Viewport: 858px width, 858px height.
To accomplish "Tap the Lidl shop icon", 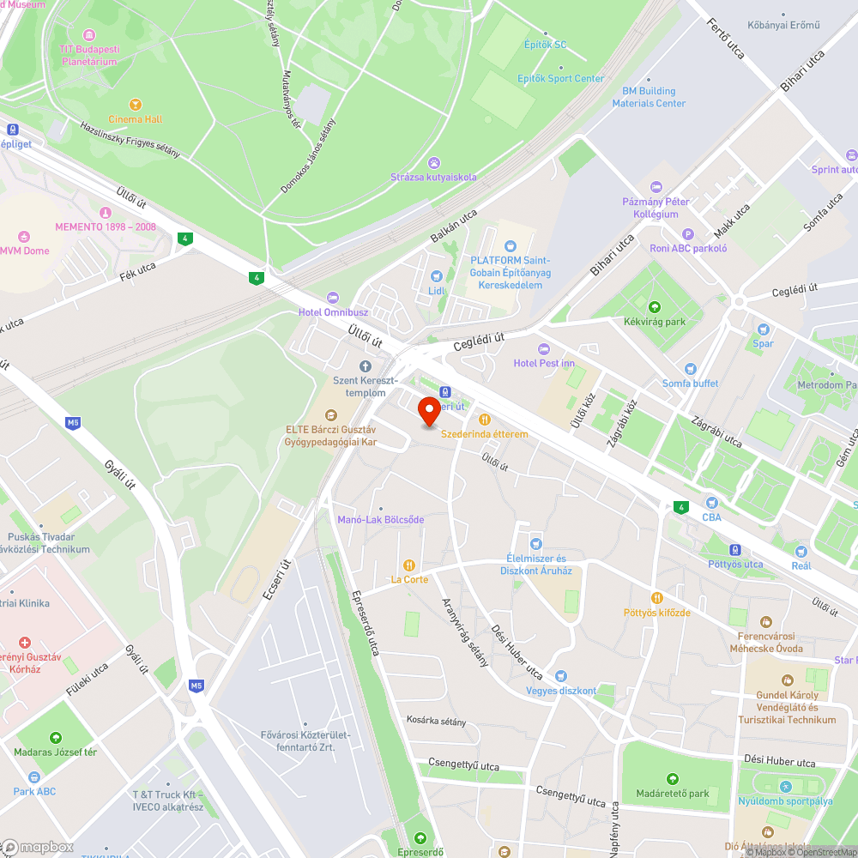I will tap(437, 275).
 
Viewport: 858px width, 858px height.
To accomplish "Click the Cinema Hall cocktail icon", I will tap(135, 104).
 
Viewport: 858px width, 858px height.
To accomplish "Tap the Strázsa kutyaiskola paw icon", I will tap(434, 162).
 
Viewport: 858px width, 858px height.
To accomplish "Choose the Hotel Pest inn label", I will tap(544, 363).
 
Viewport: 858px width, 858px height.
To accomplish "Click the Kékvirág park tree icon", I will tap(655, 306).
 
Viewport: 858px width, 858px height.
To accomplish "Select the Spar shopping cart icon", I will tap(763, 329).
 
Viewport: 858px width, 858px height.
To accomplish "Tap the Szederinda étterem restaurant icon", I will tap(485, 420).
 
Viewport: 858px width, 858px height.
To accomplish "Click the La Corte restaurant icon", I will tap(409, 565).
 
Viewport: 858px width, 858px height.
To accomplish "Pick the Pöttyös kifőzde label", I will tap(656, 613).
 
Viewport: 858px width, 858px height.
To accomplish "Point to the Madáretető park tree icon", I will tap(673, 779).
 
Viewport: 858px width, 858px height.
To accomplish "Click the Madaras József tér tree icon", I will tap(56, 737).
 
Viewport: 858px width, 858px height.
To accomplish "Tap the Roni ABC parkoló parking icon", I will tap(687, 233).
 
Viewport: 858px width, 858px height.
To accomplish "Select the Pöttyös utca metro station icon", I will tap(735, 549).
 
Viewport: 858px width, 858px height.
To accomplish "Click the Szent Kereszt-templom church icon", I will tap(365, 366).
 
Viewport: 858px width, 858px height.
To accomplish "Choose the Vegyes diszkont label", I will tap(561, 691).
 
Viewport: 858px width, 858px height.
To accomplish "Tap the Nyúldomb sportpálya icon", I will tap(785, 787).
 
